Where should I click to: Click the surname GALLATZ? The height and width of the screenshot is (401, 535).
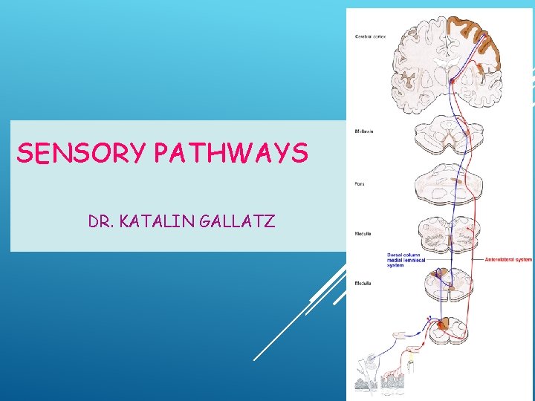(239, 221)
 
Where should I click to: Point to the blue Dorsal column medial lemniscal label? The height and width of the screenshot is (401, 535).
(406, 260)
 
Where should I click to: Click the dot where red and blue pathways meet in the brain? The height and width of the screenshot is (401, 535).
(452, 80)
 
